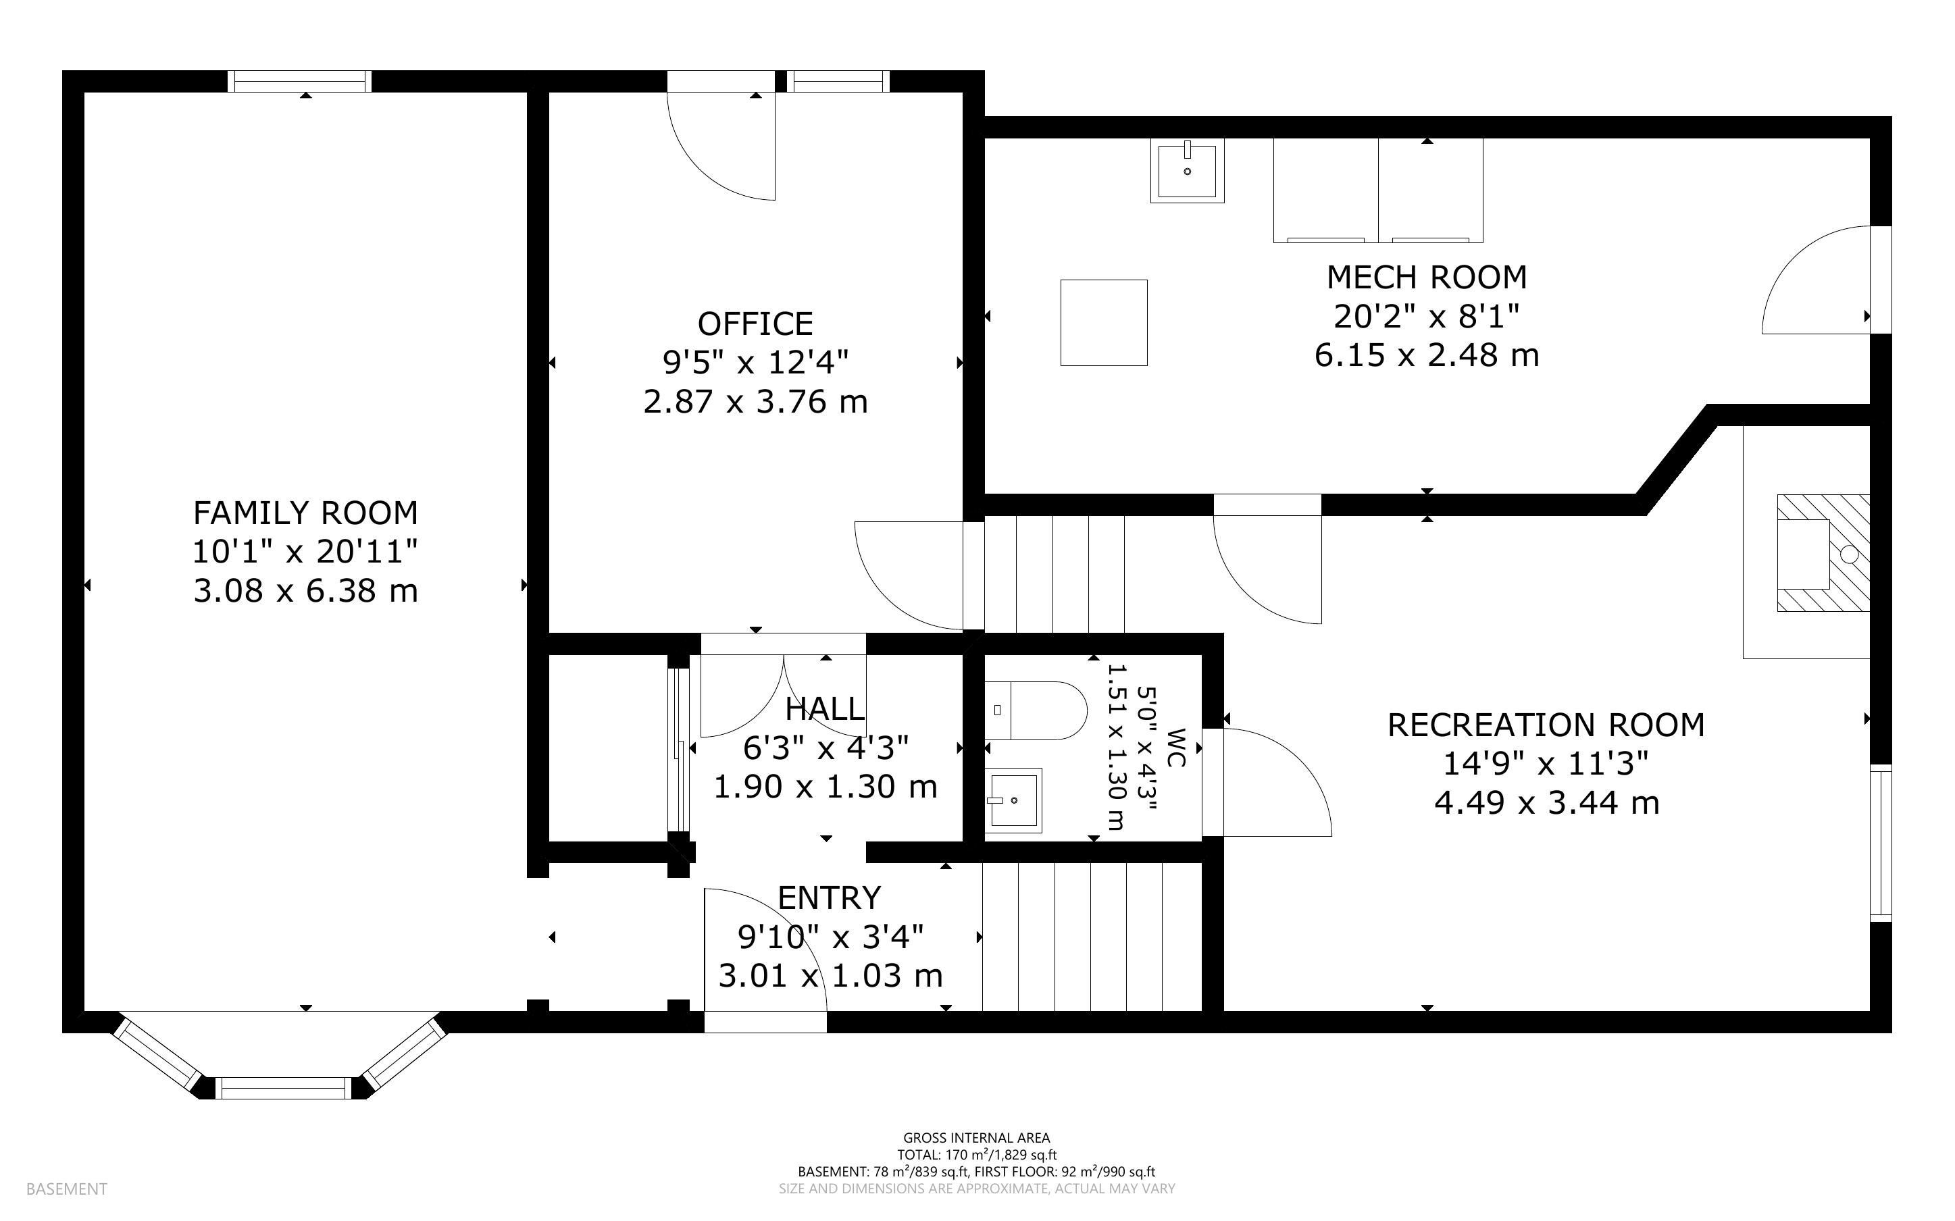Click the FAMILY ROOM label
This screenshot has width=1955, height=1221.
(305, 513)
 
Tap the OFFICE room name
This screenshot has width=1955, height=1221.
(755, 324)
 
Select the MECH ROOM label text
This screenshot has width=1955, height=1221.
(1427, 278)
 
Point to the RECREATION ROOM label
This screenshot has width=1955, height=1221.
(1546, 725)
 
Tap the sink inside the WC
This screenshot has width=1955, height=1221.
(1013, 800)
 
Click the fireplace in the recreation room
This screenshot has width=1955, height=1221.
(1823, 553)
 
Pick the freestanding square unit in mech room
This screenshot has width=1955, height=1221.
(1103, 322)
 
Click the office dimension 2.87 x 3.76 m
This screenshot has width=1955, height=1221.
(755, 402)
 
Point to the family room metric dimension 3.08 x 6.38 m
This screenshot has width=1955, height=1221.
(305, 591)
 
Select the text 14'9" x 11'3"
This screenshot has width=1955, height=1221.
(1546, 764)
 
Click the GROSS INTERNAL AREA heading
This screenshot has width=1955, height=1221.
(976, 1139)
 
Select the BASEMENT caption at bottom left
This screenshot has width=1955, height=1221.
(66, 1189)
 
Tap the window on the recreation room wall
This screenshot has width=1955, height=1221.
(1881, 844)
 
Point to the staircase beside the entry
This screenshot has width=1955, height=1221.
(1091, 937)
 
